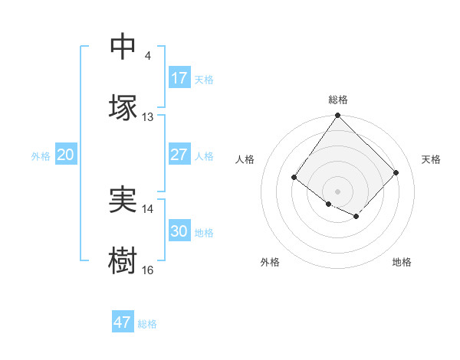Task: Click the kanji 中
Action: (x=123, y=47)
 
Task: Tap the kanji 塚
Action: (x=123, y=107)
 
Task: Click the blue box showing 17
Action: (x=179, y=78)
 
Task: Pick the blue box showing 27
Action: (x=179, y=155)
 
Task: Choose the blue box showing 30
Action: (x=179, y=231)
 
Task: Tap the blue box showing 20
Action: (x=65, y=155)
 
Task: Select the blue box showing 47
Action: (x=123, y=322)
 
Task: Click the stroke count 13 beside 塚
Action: (x=148, y=117)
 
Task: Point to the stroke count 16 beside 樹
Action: (x=148, y=270)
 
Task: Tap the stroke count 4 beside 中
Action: (x=147, y=56)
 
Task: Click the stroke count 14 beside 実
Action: (x=148, y=208)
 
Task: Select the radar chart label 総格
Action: (x=338, y=100)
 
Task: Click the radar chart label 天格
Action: (x=431, y=159)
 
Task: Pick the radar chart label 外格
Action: (x=270, y=262)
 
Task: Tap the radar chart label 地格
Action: (x=402, y=262)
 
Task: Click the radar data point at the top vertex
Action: (x=337, y=116)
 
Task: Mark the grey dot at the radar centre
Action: (x=337, y=191)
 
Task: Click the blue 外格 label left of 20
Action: (x=41, y=156)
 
